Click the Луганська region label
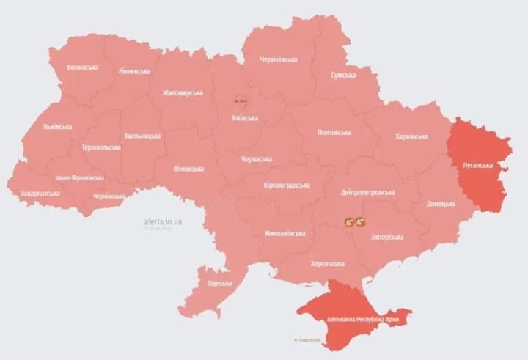coord(477,166)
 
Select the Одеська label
coord(219,283)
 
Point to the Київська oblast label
coord(245,118)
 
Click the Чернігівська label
coord(279,59)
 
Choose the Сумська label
coord(342,75)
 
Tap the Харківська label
coord(411,136)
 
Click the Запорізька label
coord(387,237)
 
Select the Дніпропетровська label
coord(368,192)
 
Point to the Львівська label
coord(58,126)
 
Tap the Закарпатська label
coord(40,194)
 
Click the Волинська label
coord(83,67)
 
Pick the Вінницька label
coord(188,169)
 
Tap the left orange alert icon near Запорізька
coord(349,221)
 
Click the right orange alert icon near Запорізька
coord(361,221)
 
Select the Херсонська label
coord(328,263)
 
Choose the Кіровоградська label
coord(287,185)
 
